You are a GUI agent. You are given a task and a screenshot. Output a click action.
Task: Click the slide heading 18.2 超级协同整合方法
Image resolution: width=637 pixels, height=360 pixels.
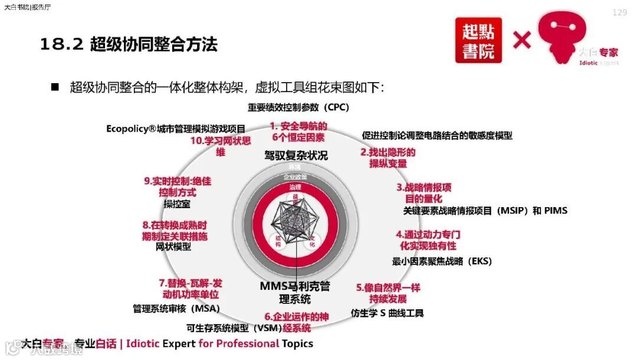point(129,45)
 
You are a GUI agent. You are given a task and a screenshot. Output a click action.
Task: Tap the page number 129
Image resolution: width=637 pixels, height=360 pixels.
point(619,12)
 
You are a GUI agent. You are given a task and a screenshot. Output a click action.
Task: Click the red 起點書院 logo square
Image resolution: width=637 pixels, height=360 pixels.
point(478,40)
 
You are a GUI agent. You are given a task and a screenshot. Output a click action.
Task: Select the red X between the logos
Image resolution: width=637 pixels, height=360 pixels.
point(522,40)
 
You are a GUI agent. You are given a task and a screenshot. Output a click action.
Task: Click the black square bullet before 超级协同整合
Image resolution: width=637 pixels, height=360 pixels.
point(55,87)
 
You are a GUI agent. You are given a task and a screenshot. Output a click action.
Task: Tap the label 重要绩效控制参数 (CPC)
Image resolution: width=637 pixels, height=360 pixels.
point(298,107)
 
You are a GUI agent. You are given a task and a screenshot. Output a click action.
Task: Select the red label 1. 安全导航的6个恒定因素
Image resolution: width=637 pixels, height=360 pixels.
point(298,132)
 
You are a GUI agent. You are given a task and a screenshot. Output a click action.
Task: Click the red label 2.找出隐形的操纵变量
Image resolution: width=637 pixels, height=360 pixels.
point(388,158)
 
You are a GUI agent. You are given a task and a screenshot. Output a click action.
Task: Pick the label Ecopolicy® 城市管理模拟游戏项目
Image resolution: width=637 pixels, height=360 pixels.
point(176,129)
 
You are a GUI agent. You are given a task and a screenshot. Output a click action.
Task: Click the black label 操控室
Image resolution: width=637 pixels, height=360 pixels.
point(176,204)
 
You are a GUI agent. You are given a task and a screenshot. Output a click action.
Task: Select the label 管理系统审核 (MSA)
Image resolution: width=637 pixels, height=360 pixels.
point(176,308)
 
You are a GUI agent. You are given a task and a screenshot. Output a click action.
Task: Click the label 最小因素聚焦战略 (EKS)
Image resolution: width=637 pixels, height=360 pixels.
point(442,261)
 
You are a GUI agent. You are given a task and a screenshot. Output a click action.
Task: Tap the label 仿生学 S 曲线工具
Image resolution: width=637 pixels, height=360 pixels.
point(387,313)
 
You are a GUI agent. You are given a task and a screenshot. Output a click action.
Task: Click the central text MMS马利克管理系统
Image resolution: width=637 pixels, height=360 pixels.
point(295,292)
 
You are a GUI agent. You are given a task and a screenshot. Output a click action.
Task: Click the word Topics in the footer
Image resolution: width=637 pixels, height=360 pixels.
point(297,343)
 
